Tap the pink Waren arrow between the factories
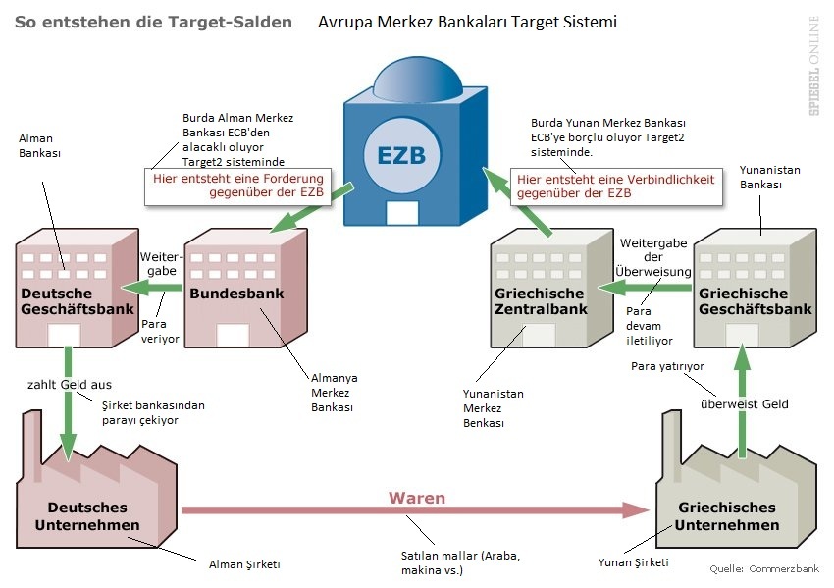tap(412, 510)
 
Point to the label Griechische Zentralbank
tap(540, 301)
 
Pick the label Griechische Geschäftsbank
tap(755, 301)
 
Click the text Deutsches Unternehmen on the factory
tap(87, 516)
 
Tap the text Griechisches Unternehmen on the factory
tap(727, 516)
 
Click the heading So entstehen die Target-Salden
tap(153, 22)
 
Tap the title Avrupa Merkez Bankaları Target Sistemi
tap(467, 22)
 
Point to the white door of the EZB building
tap(402, 213)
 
